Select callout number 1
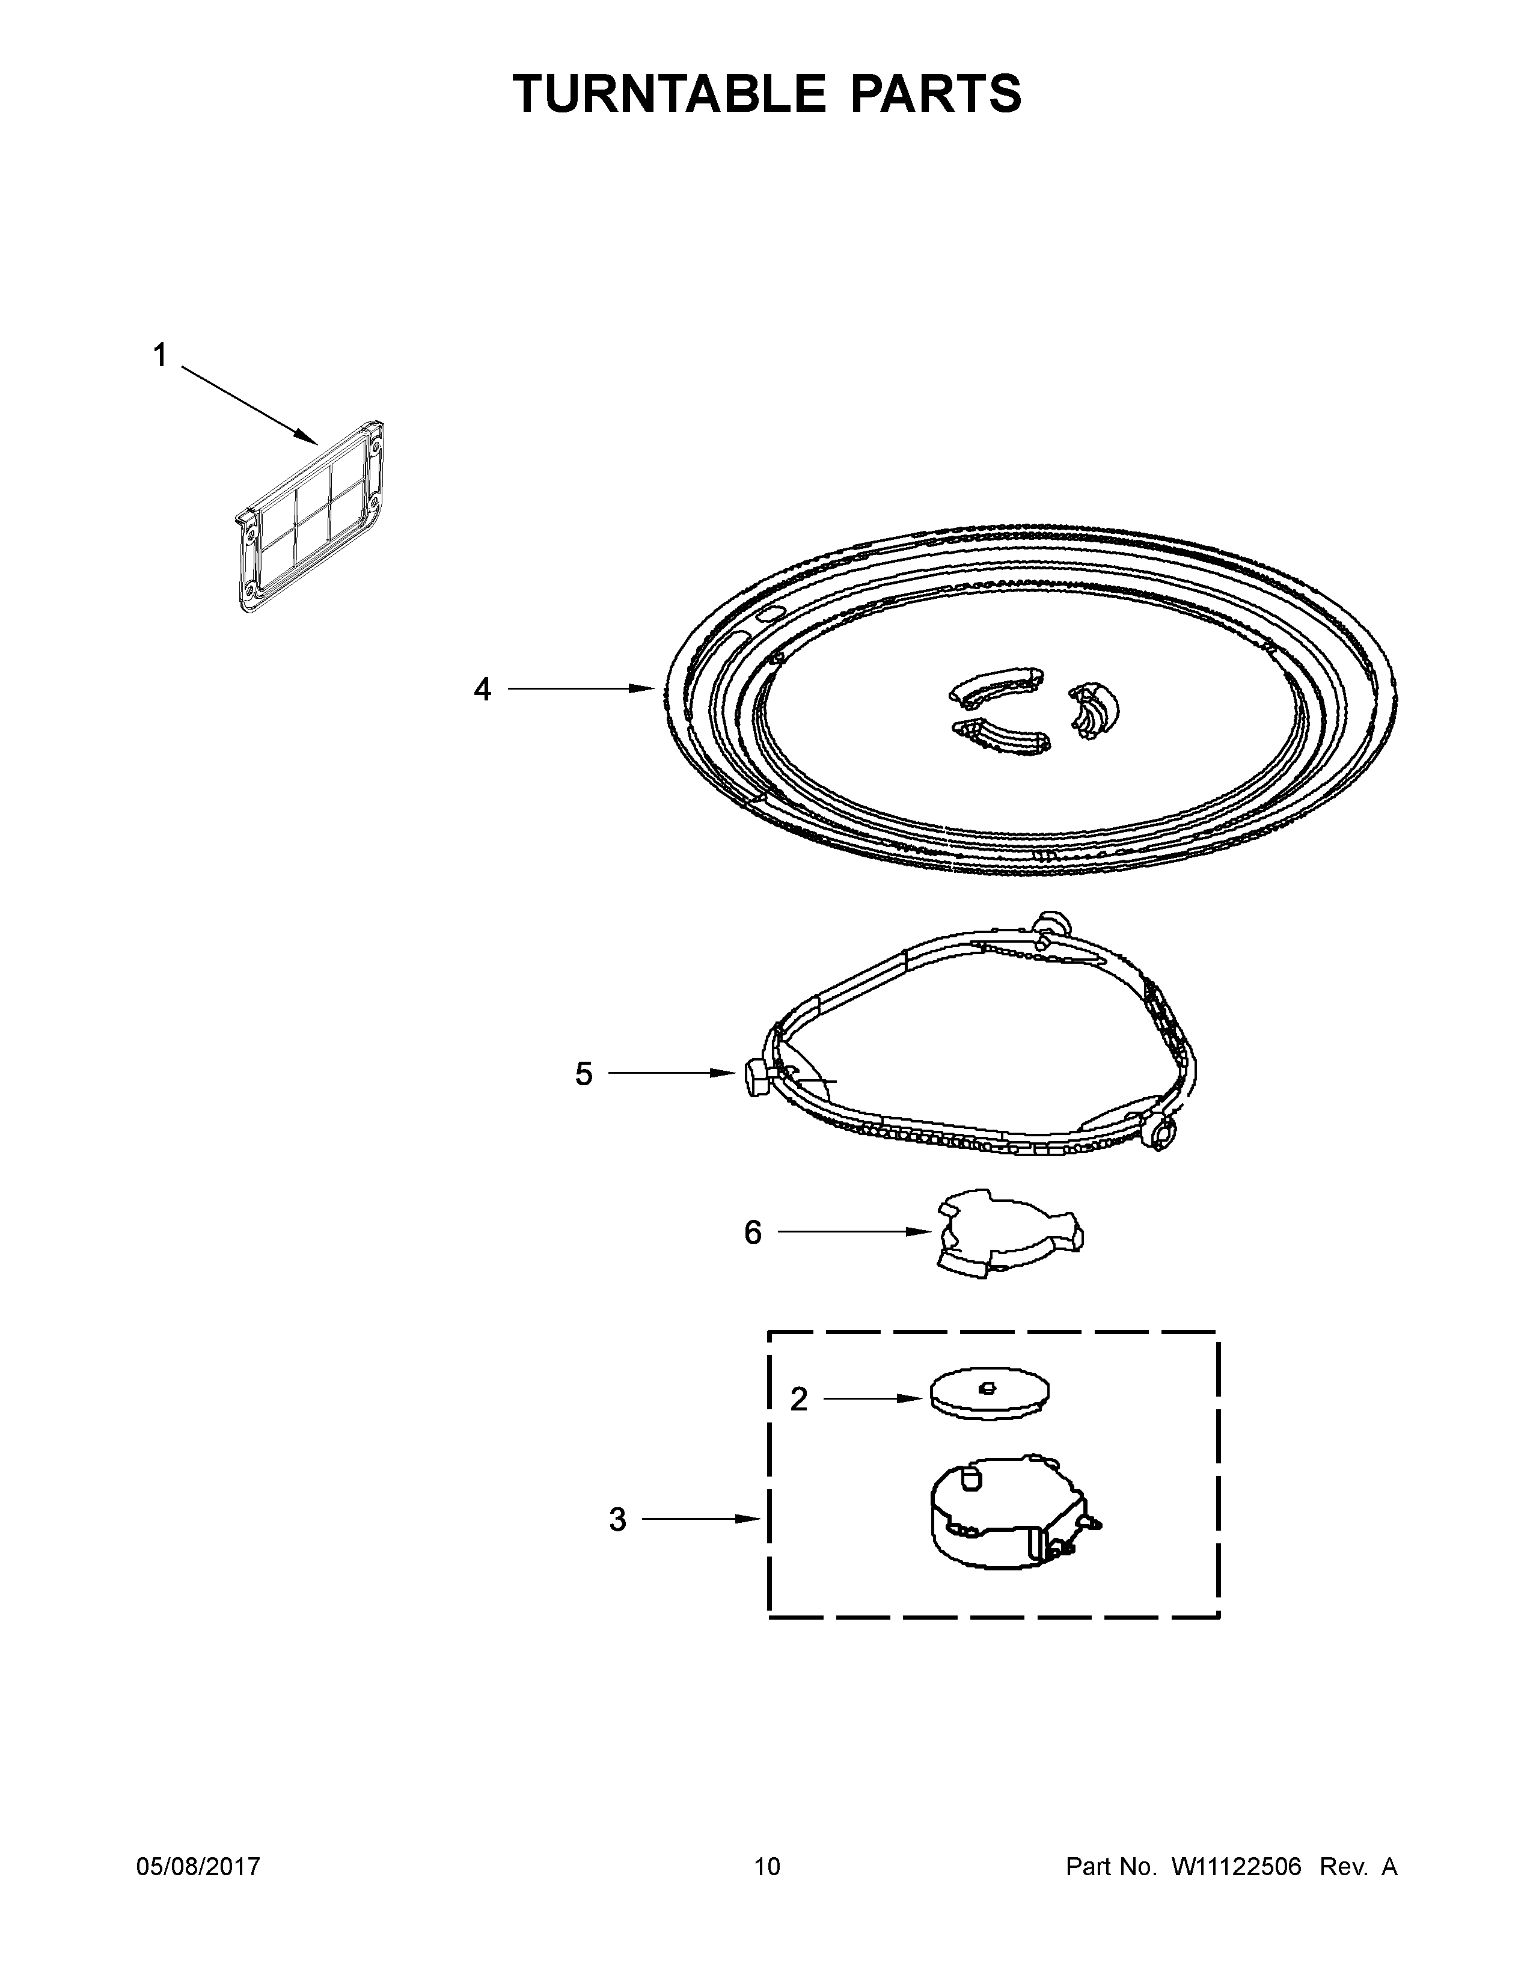160,356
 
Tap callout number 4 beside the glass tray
482,690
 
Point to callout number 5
583,1074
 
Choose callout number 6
753,1232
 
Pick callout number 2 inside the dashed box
798,1400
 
